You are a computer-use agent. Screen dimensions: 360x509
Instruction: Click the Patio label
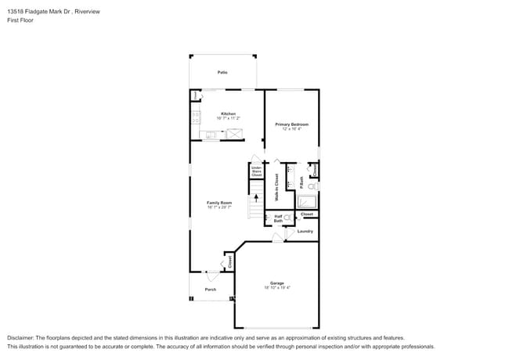point(222,73)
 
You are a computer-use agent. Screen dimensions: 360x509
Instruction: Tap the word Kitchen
point(228,113)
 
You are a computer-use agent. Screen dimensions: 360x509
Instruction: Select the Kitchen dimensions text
point(228,118)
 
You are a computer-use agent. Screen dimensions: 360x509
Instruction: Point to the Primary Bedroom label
point(291,124)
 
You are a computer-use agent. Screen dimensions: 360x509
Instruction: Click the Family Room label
point(219,203)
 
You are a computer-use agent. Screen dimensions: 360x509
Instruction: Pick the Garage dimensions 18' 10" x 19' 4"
point(277,287)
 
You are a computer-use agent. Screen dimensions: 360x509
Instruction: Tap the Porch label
point(211,289)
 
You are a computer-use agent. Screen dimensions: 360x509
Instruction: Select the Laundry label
point(305,231)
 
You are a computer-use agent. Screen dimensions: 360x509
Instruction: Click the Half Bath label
point(278,219)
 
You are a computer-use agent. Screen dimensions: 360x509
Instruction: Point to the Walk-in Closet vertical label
point(276,189)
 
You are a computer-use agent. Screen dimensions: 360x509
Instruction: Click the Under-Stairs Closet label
point(256,171)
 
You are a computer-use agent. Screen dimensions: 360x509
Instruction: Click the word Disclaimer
point(21,337)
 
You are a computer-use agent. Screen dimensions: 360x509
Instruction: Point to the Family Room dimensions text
point(219,207)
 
